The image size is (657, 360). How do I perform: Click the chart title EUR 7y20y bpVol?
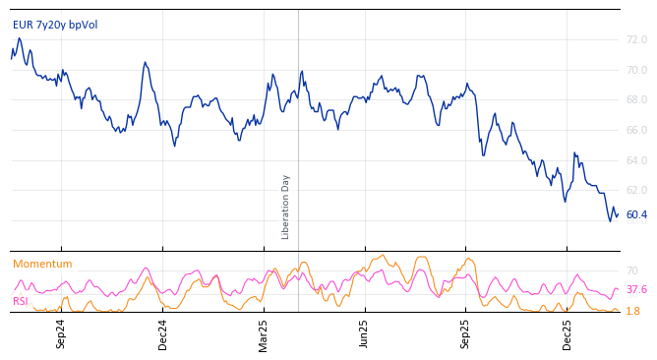(x=55, y=25)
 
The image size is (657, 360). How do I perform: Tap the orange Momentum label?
(x=42, y=264)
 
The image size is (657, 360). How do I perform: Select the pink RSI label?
(x=21, y=301)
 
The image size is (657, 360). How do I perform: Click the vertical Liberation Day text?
(x=286, y=207)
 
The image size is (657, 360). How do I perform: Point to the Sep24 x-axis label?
(x=61, y=334)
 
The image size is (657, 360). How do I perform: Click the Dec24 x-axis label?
(x=163, y=334)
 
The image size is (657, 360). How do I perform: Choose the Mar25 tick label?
(x=264, y=334)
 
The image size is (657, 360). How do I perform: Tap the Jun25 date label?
(x=364, y=334)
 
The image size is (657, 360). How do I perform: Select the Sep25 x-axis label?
(x=465, y=334)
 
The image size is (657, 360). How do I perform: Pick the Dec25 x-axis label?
(x=567, y=334)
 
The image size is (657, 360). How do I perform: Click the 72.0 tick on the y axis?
(x=636, y=40)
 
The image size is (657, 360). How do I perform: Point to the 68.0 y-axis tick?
(x=636, y=100)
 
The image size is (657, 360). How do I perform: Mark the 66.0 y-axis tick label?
(x=636, y=131)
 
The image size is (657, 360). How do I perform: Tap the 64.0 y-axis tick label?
(x=636, y=160)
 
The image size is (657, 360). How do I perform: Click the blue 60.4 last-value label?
(x=636, y=214)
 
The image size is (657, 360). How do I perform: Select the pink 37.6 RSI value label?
(x=636, y=290)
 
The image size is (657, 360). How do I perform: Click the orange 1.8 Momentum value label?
(x=632, y=311)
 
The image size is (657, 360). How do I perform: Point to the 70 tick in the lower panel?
(x=632, y=270)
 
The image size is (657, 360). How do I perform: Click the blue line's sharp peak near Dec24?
(x=145, y=62)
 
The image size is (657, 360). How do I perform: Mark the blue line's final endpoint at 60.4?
(x=618, y=214)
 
